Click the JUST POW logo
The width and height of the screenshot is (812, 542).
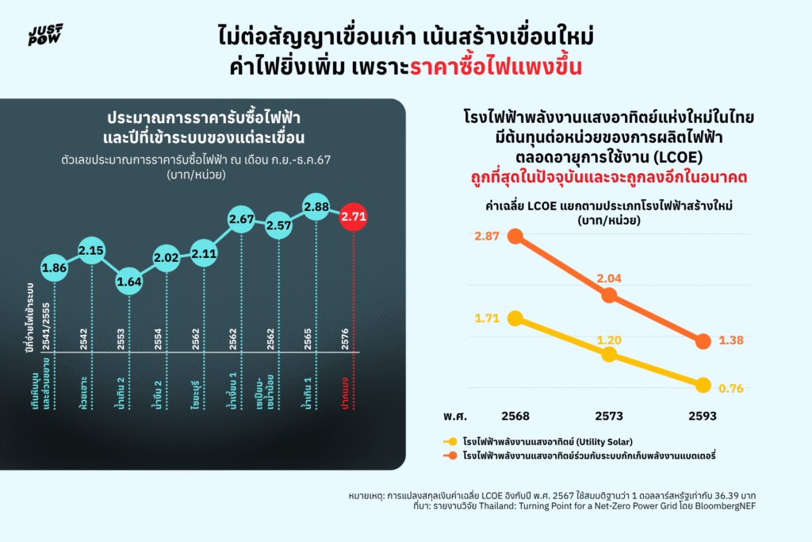tap(45, 35)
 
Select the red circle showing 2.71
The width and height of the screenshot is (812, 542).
tap(354, 216)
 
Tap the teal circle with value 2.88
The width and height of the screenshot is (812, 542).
tap(316, 207)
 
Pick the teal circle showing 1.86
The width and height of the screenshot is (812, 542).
tap(55, 267)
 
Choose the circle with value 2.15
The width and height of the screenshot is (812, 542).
tap(92, 251)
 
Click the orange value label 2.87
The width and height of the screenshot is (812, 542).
tap(487, 236)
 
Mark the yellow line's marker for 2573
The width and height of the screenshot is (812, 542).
tap(609, 354)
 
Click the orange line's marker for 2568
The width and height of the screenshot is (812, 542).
tap(515, 236)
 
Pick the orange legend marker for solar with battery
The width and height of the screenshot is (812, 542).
tap(450, 456)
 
